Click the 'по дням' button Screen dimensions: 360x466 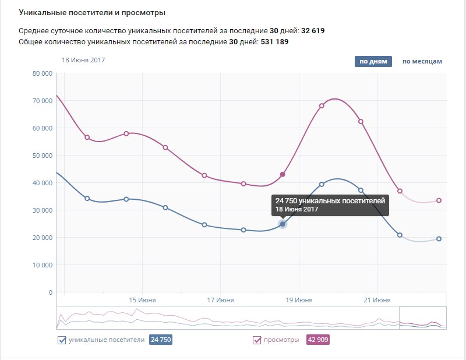373,61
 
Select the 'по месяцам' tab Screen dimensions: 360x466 422,61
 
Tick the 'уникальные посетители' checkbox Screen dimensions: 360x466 62,340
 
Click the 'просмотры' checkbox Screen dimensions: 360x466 257,340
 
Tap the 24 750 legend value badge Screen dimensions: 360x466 161,340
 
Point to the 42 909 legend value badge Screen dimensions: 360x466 318,340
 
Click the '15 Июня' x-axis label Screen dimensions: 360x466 142,300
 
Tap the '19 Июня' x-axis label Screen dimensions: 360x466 299,300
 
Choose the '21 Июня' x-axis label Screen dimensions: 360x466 377,300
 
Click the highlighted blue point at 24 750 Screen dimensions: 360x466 283,224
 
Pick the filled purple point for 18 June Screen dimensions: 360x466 283,174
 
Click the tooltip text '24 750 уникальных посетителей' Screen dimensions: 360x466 330,200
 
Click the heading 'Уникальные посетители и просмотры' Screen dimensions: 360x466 91,12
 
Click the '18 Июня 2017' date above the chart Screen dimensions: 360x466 83,60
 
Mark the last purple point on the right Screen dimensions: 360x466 439,200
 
